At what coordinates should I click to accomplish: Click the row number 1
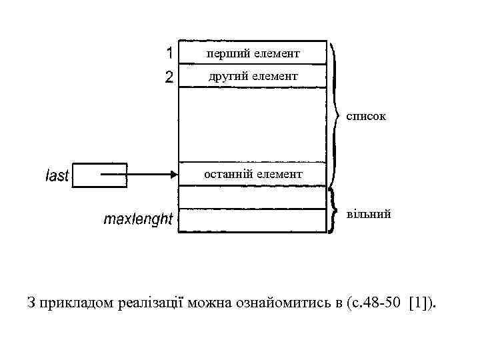[170, 52]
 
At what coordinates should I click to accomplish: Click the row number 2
[170, 77]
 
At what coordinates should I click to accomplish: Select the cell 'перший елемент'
[253, 52]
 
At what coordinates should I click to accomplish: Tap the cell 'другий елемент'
[253, 77]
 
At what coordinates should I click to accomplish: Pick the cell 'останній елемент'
[253, 174]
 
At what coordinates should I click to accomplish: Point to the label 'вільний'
[369, 215]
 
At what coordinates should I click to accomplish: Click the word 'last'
[57, 176]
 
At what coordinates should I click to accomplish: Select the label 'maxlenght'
[137, 219]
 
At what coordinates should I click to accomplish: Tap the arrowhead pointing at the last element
[173, 175]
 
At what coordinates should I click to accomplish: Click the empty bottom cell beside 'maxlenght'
[253, 221]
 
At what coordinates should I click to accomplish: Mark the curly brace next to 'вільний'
[332, 209]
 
